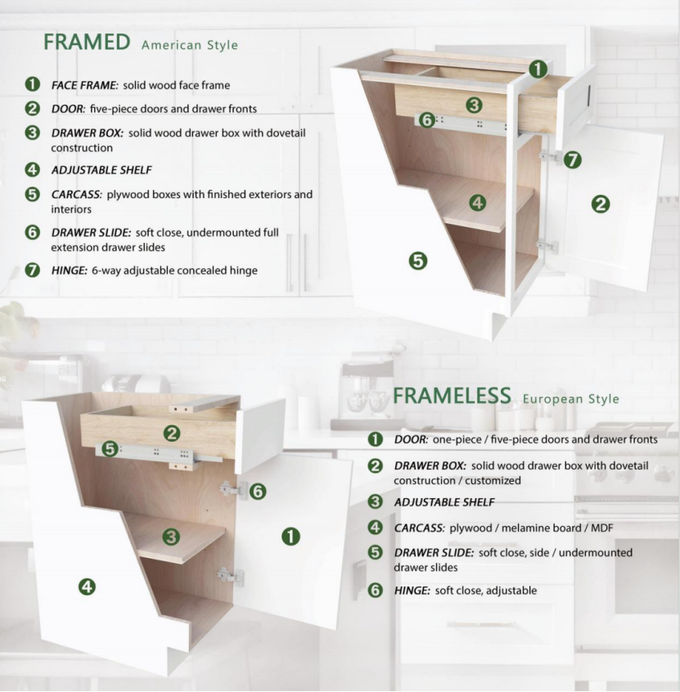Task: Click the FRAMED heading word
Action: pyautogui.click(x=87, y=42)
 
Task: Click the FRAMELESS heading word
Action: pyautogui.click(x=452, y=396)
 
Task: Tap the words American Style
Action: pyautogui.click(x=189, y=45)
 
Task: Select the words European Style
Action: pyautogui.click(x=570, y=399)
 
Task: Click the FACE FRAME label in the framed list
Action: pyautogui.click(x=85, y=85)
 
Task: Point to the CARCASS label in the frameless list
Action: pyautogui.click(x=419, y=528)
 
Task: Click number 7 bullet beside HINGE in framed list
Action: pyautogui.click(x=32, y=270)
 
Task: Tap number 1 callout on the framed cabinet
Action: pyautogui.click(x=538, y=70)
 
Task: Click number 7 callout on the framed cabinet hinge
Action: pyautogui.click(x=572, y=160)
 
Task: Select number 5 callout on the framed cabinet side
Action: pyautogui.click(x=417, y=261)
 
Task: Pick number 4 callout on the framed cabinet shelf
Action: pyautogui.click(x=477, y=203)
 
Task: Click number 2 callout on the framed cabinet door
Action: pyautogui.click(x=601, y=204)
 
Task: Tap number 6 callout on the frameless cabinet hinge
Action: pyautogui.click(x=258, y=492)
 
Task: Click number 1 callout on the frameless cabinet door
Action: pyautogui.click(x=290, y=537)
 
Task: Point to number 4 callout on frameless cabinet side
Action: pyautogui.click(x=87, y=587)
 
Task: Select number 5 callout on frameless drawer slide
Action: pyautogui.click(x=110, y=449)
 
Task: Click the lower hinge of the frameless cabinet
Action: pyautogui.click(x=230, y=576)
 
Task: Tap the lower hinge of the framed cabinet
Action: pyautogui.click(x=547, y=246)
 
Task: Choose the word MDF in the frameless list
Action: pyautogui.click(x=601, y=528)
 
